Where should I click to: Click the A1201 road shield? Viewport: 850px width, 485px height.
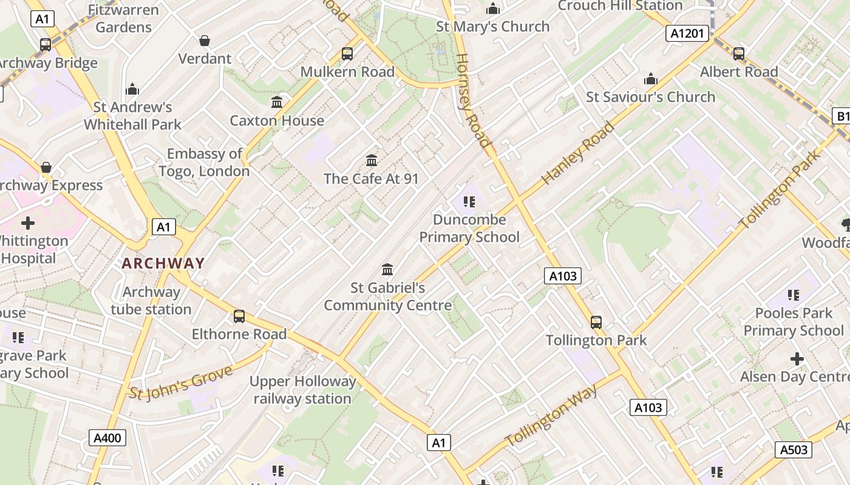click(688, 33)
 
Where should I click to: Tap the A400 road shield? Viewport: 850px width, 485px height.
click(107, 438)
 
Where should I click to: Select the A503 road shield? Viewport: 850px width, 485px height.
click(794, 449)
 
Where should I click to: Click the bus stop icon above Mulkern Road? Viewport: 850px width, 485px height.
click(347, 54)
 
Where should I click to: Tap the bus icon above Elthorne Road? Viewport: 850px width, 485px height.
click(239, 316)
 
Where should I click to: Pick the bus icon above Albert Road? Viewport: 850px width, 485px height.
click(739, 54)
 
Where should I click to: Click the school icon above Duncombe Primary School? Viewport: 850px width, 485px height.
click(469, 201)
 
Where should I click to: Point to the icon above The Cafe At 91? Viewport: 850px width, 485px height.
click(372, 161)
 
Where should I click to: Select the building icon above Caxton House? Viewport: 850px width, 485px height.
click(277, 102)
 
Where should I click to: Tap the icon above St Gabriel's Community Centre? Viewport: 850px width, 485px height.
click(387, 269)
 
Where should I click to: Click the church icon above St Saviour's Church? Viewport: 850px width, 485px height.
click(651, 79)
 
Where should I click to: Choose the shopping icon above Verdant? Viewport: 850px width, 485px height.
click(205, 41)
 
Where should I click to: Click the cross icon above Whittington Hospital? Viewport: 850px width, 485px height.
click(28, 223)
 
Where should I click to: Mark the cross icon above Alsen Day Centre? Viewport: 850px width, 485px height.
click(797, 359)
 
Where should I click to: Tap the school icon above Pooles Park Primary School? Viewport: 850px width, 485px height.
click(794, 295)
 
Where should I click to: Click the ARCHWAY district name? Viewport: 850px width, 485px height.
click(163, 263)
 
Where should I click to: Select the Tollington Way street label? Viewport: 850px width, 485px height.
click(551, 416)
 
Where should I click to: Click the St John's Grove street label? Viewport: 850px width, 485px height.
click(181, 383)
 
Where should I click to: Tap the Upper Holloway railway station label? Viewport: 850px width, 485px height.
click(303, 390)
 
